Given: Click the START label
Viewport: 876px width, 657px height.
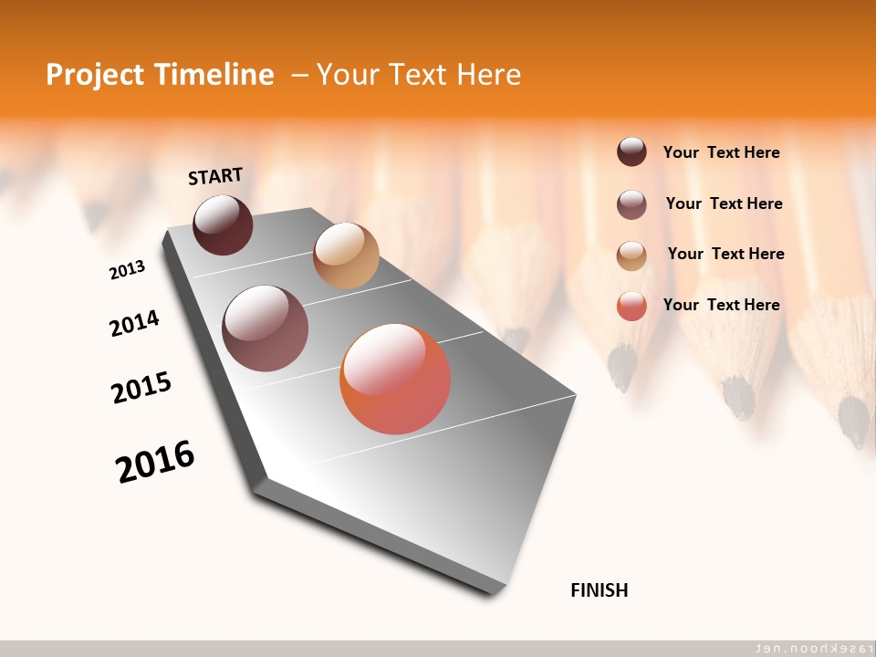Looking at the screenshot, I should (215, 176).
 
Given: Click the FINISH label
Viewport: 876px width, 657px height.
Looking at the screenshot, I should (600, 590).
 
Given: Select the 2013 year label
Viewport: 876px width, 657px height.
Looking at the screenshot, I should (127, 270).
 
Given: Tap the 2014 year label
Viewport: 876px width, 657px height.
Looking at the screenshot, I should (134, 324).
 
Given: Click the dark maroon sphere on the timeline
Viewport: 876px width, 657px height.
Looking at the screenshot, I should (223, 224).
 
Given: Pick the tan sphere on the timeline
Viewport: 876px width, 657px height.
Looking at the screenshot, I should (346, 255).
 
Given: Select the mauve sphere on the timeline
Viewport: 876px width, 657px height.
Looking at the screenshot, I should (266, 328).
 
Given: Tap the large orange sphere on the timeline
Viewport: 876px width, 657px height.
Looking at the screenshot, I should (395, 379).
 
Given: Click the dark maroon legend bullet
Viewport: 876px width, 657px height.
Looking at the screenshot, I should (631, 152).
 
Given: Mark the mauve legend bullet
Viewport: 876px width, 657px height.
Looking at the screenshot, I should (631, 204).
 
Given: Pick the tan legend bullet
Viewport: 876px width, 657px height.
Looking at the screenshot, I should (631, 255).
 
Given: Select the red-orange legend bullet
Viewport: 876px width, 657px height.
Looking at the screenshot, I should (631, 306).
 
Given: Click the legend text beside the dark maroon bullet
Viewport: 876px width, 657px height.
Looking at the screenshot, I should (721, 153).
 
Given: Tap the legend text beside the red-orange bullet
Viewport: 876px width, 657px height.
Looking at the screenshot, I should (721, 305).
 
